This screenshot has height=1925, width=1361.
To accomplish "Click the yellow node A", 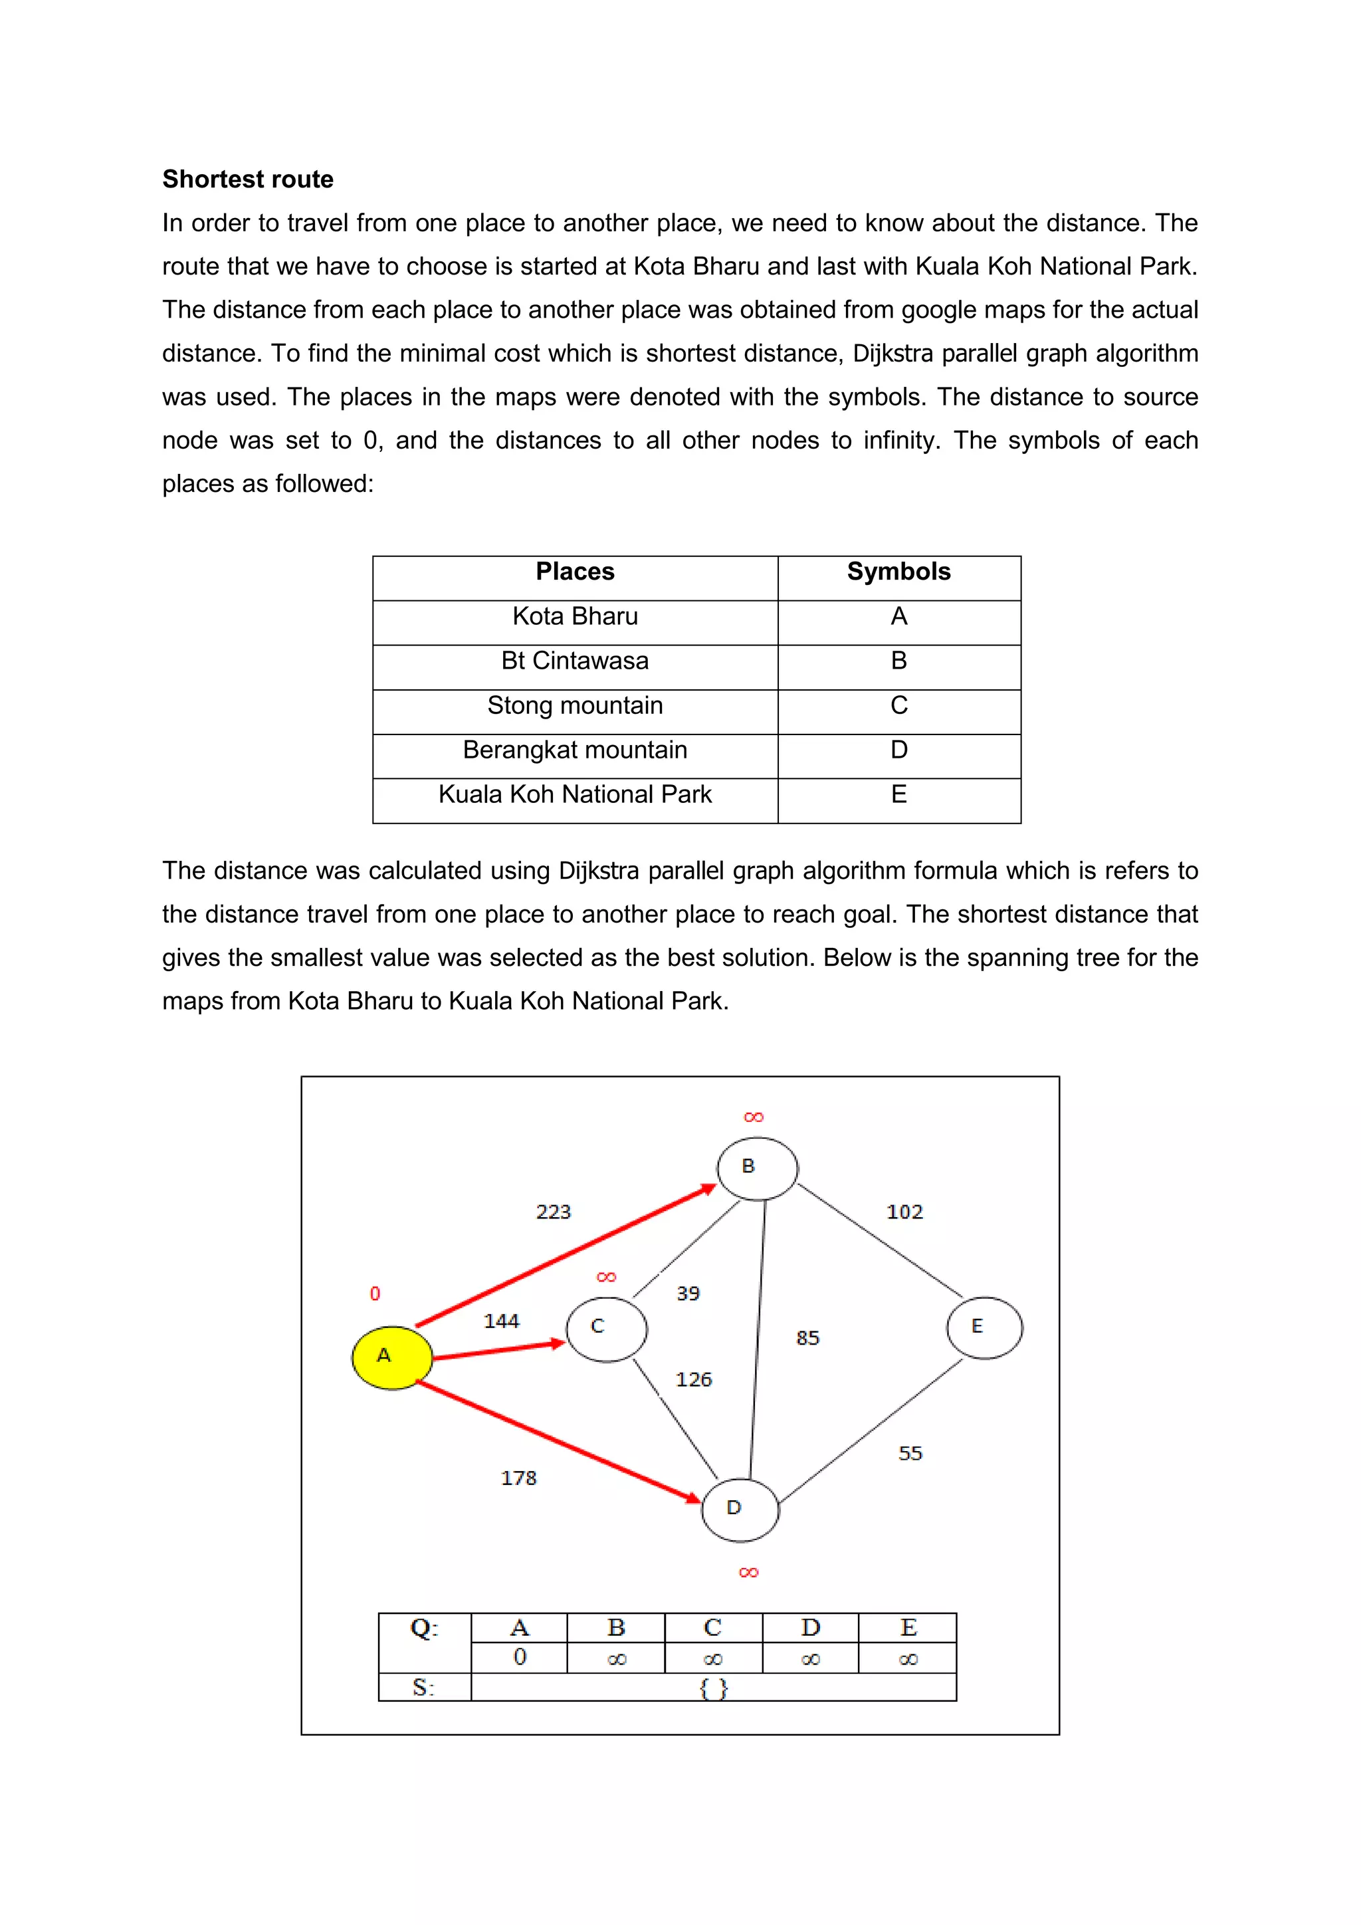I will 391,1357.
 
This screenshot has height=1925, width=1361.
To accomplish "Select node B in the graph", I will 757,1168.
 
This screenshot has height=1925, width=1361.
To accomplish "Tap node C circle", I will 606,1329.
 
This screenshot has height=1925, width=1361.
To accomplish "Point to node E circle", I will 984,1327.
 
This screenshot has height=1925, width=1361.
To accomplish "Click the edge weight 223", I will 553,1212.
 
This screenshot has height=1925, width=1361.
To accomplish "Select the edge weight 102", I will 904,1212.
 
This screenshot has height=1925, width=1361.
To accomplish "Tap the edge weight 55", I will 910,1453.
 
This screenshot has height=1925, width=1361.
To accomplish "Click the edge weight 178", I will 518,1477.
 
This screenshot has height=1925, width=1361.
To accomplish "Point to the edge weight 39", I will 688,1293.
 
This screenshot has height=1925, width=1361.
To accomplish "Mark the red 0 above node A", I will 375,1294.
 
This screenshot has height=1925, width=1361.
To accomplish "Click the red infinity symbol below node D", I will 748,1572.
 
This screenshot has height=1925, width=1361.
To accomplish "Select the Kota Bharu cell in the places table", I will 575,616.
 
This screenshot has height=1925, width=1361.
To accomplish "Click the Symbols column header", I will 898,572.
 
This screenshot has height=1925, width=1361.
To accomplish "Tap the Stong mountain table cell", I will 575,705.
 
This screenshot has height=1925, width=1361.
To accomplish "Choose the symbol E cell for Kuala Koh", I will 898,794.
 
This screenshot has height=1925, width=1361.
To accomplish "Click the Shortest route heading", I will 248,179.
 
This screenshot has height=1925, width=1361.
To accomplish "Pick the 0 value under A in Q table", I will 520,1656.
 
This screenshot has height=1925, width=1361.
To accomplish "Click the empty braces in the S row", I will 713,1688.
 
